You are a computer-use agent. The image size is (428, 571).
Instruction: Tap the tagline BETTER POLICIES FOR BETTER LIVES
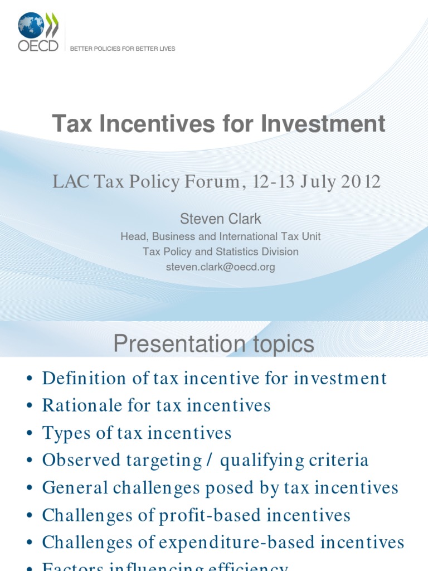coord(123,49)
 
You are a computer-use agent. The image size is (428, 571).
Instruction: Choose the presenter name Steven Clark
coord(221,219)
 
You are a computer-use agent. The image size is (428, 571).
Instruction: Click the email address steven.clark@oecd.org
coord(221,267)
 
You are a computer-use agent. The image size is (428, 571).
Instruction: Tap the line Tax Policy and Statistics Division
coord(221,251)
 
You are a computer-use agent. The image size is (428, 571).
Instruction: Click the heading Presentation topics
coord(214,345)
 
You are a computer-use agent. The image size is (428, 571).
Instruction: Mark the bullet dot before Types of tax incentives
coord(30,434)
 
